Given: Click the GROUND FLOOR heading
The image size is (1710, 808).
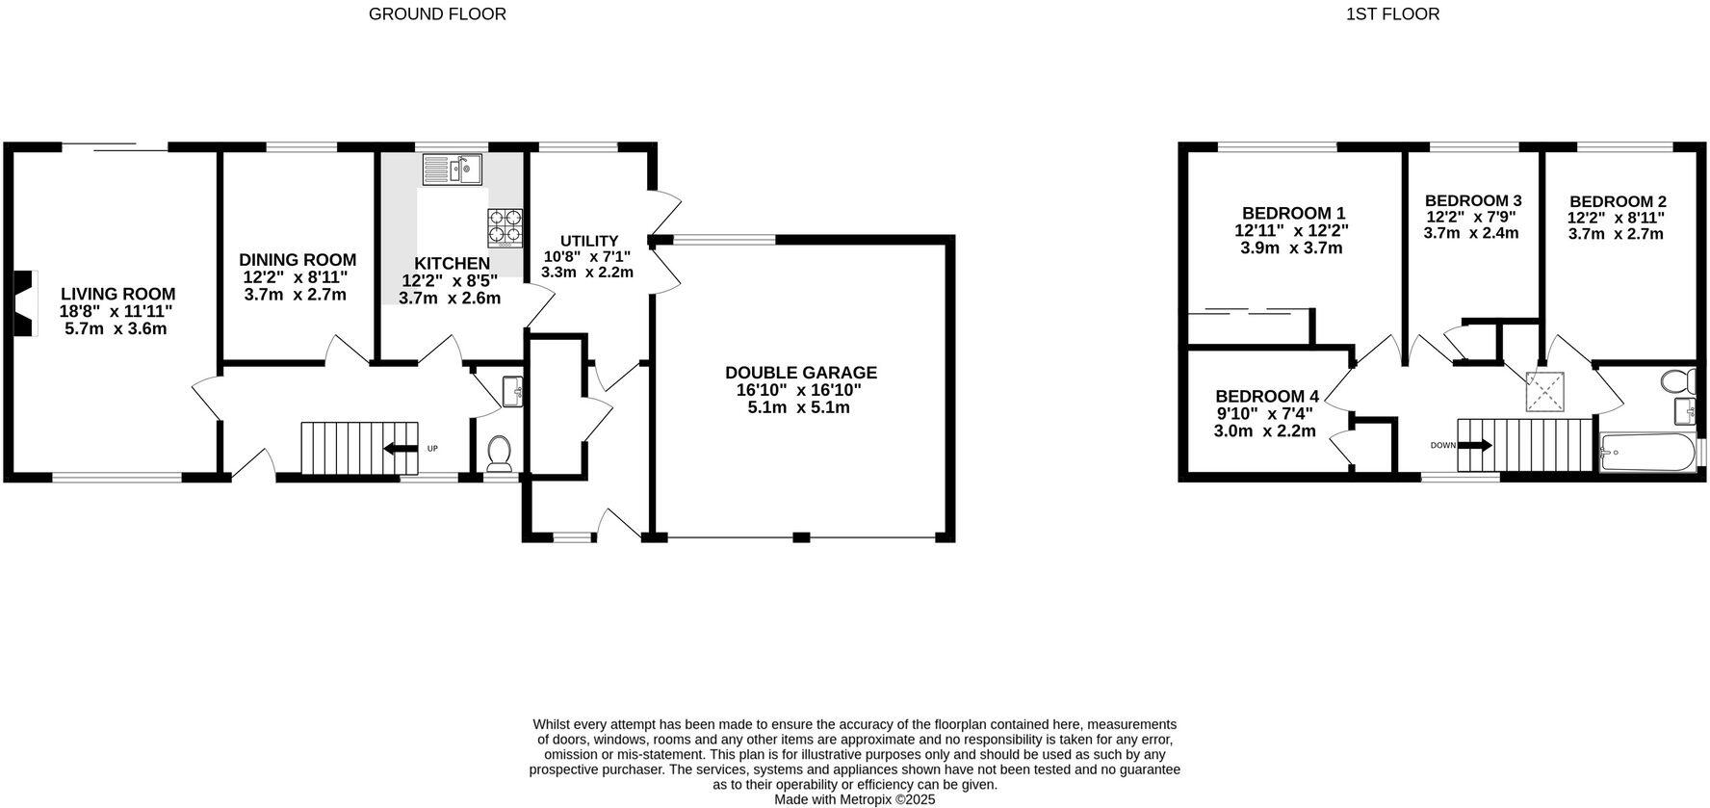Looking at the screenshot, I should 437,13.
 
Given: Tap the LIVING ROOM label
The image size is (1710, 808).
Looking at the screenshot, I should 117,294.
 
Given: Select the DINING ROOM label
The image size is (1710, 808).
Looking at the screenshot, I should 298,260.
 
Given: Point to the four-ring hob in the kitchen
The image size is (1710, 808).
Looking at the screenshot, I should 505,226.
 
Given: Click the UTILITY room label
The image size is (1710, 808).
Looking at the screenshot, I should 588,241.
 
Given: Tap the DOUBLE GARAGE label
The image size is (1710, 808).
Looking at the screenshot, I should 800,373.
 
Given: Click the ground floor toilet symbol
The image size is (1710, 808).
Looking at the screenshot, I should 500,453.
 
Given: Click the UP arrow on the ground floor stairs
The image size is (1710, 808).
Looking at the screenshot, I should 396,448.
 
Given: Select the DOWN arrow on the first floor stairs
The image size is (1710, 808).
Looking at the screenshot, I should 1476,445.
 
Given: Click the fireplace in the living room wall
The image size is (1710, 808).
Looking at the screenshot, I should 23,303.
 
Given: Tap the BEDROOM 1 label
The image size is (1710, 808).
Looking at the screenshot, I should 1292,213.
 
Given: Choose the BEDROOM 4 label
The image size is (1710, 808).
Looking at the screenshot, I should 1266,396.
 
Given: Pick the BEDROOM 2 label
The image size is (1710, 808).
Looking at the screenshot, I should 1617,201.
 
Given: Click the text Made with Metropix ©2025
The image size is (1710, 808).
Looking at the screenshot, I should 854,799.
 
